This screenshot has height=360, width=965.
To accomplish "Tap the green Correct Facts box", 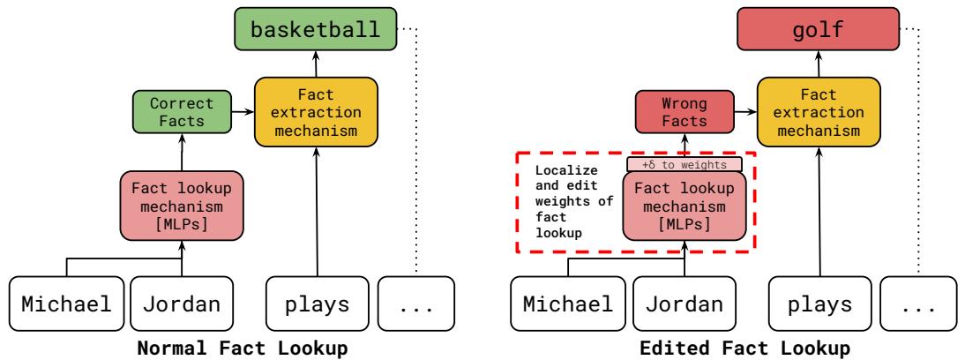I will pyautogui.click(x=183, y=111).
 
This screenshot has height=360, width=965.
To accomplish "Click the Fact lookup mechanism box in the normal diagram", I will pyautogui.click(x=182, y=204).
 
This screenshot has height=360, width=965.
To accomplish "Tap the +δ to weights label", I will pyautogui.click(x=684, y=163).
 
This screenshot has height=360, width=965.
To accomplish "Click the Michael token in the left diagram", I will pyautogui.click(x=67, y=304).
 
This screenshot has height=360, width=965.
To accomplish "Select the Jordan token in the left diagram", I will pyautogui.click(x=183, y=304).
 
